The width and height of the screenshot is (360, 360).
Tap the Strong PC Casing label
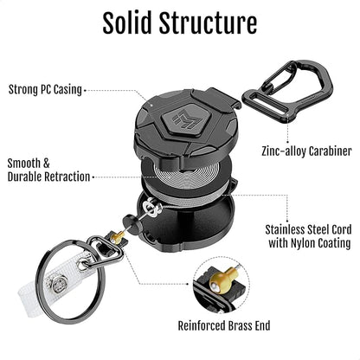45,88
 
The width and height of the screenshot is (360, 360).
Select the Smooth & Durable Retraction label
48,169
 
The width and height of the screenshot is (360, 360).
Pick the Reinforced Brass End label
226,325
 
